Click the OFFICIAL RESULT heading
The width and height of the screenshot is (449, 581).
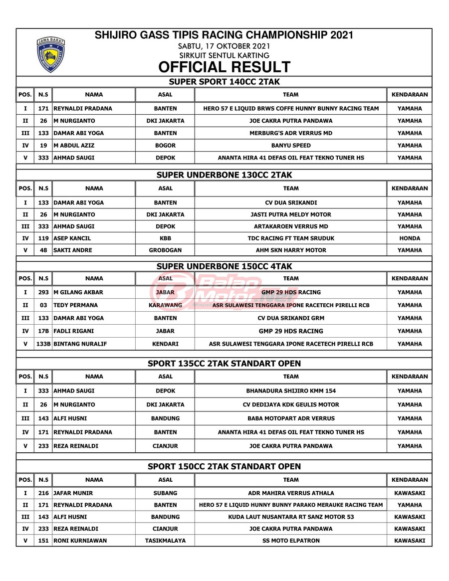click(x=224, y=67)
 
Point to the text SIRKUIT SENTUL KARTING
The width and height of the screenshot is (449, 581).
click(x=224, y=55)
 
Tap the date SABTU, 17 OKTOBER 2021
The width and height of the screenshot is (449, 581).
click(x=224, y=46)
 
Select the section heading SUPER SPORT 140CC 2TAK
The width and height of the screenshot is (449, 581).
click(x=224, y=81)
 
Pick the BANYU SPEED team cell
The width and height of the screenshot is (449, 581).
click(x=291, y=146)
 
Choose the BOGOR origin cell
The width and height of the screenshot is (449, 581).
click(x=165, y=146)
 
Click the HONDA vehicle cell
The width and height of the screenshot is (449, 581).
click(x=410, y=238)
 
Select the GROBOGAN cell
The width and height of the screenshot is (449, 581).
click(x=165, y=250)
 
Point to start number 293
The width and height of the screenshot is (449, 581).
click(x=43, y=292)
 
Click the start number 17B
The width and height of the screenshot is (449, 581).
click(x=43, y=331)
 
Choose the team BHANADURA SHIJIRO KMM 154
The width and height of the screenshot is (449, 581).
click(x=291, y=391)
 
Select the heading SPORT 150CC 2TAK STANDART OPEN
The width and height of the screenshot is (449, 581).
click(x=224, y=467)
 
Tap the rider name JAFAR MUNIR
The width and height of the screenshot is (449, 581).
click(x=73, y=493)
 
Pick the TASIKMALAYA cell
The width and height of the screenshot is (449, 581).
click(x=165, y=541)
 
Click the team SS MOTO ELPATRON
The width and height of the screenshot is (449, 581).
click(x=291, y=541)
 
